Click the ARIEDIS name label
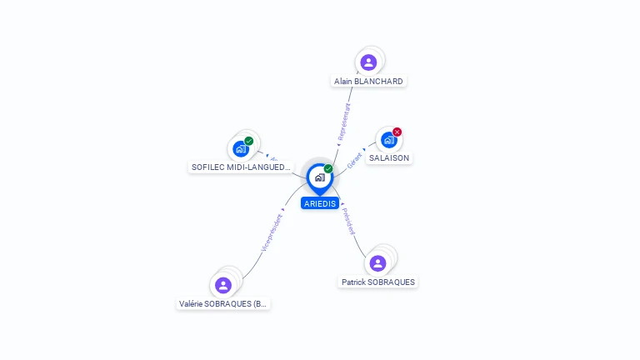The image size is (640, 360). point(320,203)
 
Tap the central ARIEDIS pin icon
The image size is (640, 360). point(319,177)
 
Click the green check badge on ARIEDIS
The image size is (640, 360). point(328,169)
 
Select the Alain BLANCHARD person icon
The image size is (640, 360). point(368,62)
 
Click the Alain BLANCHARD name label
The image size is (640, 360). point(368,82)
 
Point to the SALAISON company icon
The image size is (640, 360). point(388,140)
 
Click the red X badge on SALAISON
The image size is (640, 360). point(397,132)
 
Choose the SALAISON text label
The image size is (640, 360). point(390,157)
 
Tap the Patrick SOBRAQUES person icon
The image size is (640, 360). point(377,263)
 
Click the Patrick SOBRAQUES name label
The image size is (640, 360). point(378,282)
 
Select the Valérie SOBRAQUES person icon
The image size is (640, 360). point(222,285)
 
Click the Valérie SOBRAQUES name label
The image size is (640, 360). point(223,304)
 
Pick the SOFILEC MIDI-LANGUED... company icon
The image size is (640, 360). point(241,149)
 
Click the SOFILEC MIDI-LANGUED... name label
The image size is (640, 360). point(241,167)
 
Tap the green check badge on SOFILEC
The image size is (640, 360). point(249,141)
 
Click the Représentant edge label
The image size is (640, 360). point(343,121)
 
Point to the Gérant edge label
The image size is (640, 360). point(354,160)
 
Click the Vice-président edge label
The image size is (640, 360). point(272,232)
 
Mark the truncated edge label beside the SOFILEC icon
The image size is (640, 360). point(273,158)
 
